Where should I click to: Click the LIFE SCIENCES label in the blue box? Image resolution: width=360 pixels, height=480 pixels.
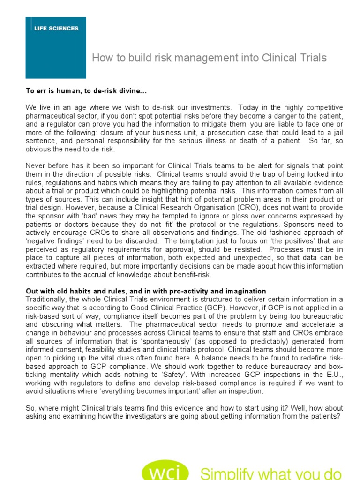click(56, 28)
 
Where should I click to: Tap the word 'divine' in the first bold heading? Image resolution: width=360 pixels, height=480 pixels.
click(111, 90)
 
